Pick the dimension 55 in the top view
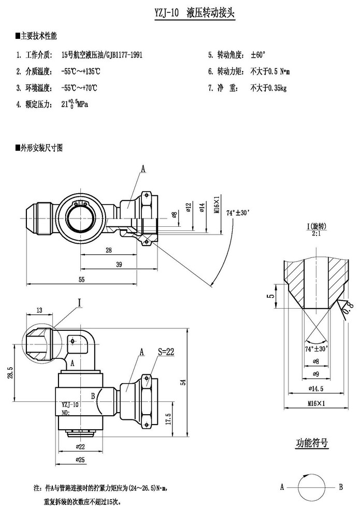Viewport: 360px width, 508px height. [x=81, y=280]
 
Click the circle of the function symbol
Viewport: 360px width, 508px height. [x=311, y=487]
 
